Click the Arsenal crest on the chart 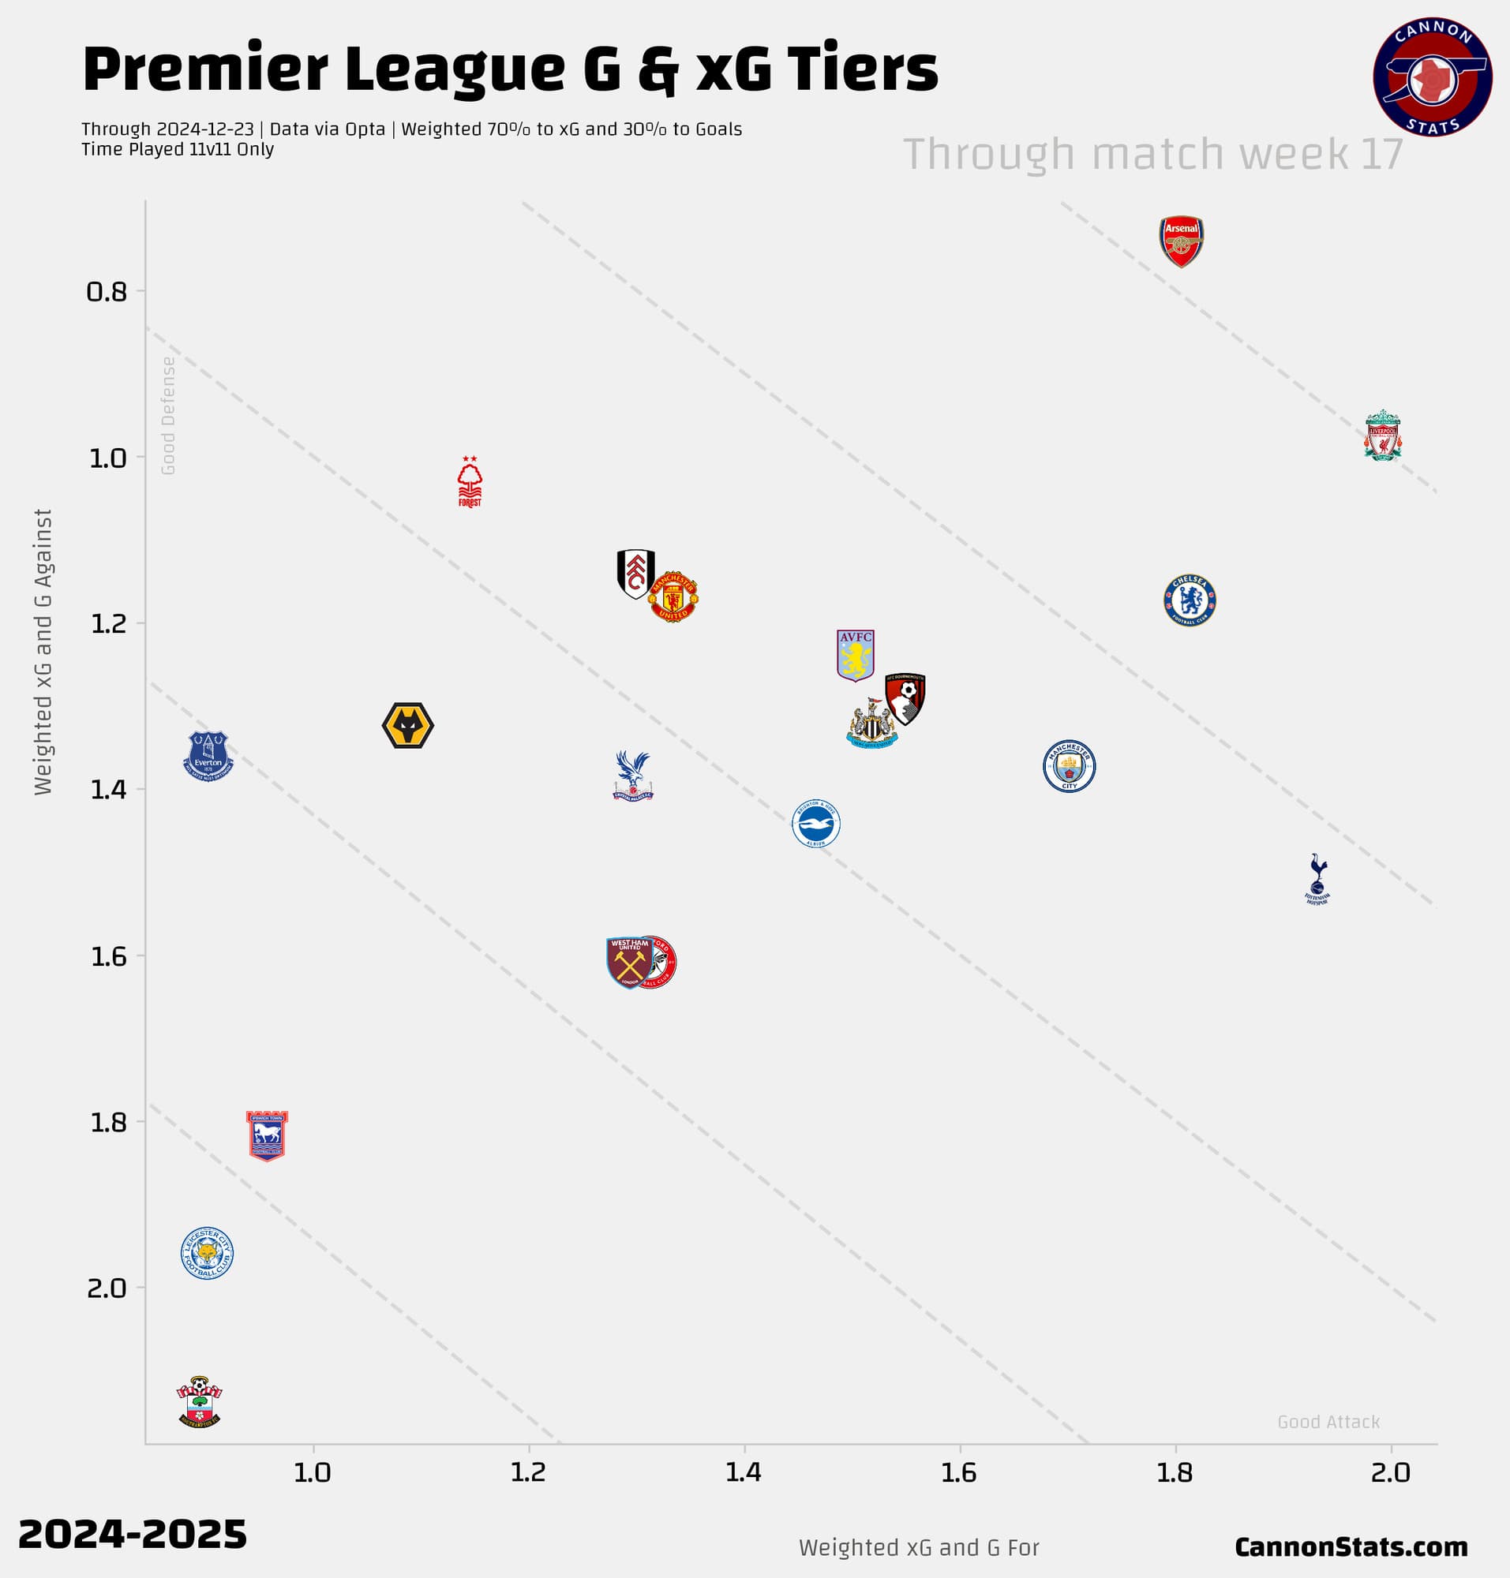click(1181, 241)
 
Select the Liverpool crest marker click(1382, 436)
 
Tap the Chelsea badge click(1189, 600)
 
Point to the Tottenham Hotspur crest click(1317, 879)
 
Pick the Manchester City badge click(1069, 766)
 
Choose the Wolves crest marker click(408, 726)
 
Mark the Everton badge click(208, 756)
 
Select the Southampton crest click(199, 1401)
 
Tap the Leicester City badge click(207, 1253)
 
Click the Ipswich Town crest click(267, 1136)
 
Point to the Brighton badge click(815, 823)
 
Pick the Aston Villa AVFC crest click(855, 655)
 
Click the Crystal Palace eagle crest click(633, 776)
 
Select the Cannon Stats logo click(1432, 77)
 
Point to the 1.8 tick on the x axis click(1175, 1472)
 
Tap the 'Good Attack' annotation click(1328, 1422)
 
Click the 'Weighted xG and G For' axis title click(919, 1547)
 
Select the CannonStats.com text click(1351, 1546)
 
